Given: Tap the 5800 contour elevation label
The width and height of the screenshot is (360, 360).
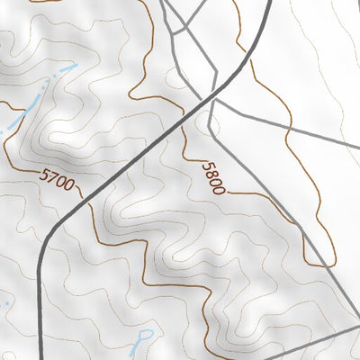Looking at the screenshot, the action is (213, 177).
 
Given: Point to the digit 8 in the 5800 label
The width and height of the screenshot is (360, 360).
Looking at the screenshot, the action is (210, 172).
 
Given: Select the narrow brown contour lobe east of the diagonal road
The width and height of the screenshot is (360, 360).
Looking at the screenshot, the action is (310, 225).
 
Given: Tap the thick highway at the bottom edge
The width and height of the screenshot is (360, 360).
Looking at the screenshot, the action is (43, 356).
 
